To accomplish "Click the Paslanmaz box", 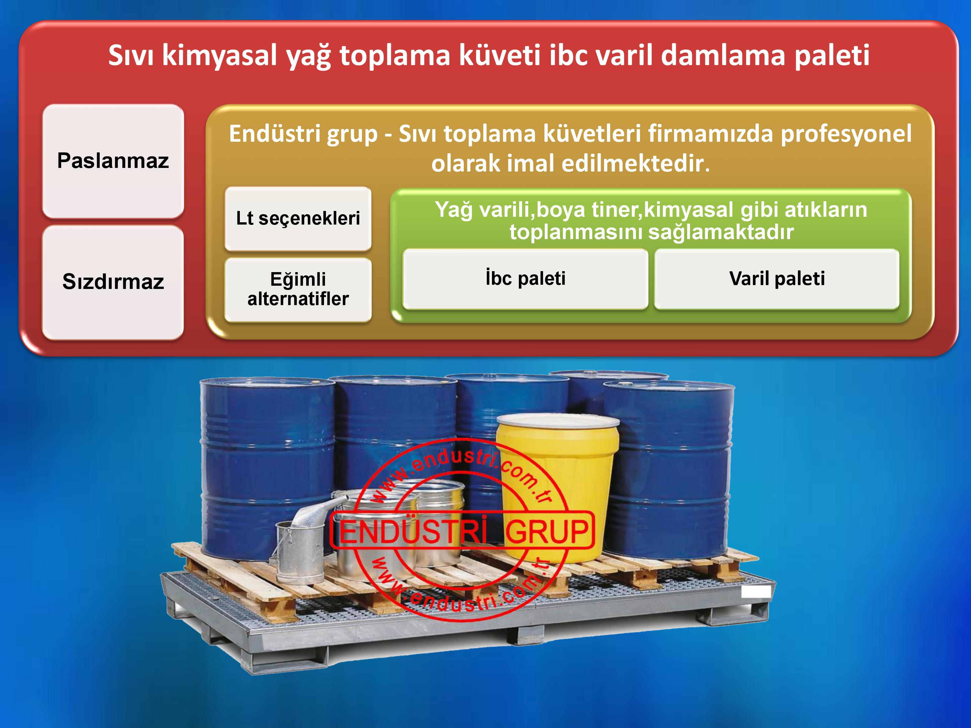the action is coord(113,161).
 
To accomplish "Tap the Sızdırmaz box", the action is coord(113,282).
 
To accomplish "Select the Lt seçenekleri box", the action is coord(298,218).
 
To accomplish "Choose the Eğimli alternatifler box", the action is coord(298,290).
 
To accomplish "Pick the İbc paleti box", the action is coord(525,279).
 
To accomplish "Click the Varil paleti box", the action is coord(777,279).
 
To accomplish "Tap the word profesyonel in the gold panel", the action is coord(846,134).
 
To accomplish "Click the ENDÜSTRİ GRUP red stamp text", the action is coord(463,531).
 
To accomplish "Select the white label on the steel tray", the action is coord(756,591).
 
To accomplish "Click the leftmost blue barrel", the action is coord(267,469).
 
